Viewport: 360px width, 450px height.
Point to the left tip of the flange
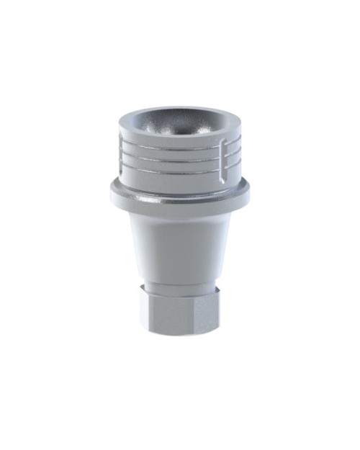112,190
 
